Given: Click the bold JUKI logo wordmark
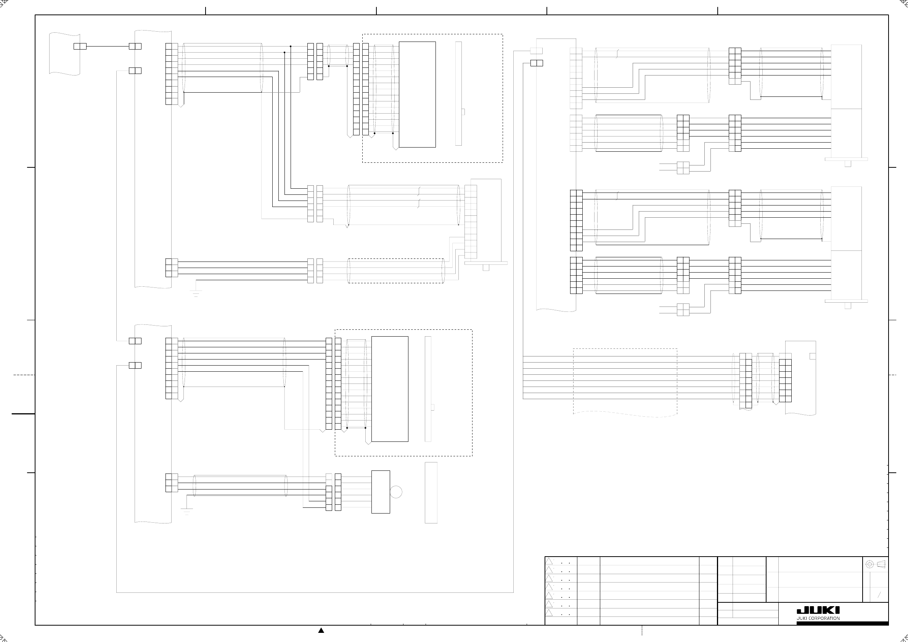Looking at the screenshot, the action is pos(818,610).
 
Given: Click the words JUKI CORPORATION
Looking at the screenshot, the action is pos(818,618).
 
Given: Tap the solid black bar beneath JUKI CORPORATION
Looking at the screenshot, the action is pos(842,623).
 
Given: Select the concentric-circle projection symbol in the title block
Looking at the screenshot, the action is pos(869,564).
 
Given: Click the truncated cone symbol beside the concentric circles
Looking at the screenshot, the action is pos(881,564).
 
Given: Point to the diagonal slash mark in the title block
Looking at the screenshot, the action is pos(879,595).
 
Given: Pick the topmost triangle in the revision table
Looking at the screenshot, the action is pos(549,561).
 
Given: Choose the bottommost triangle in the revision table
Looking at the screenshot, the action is pos(549,613).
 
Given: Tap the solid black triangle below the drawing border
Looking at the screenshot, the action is pos(321,630).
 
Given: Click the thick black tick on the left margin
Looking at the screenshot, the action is pos(23,414).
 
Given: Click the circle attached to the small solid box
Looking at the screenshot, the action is pos(396,492).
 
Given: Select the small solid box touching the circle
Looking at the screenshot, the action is pos(381,492).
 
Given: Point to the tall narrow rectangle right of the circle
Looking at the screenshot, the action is pos(431,493).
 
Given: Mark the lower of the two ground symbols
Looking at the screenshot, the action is pos(186,511).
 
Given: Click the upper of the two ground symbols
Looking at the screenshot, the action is pos(196,293).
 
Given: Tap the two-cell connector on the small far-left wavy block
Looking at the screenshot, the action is pos(80,46).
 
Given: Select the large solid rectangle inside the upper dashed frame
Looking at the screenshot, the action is pos(417,95).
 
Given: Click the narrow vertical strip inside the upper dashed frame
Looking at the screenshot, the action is pos(458,94).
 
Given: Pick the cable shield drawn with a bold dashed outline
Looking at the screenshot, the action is pos(395,271).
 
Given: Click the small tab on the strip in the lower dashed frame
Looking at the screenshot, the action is pos(433,408).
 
